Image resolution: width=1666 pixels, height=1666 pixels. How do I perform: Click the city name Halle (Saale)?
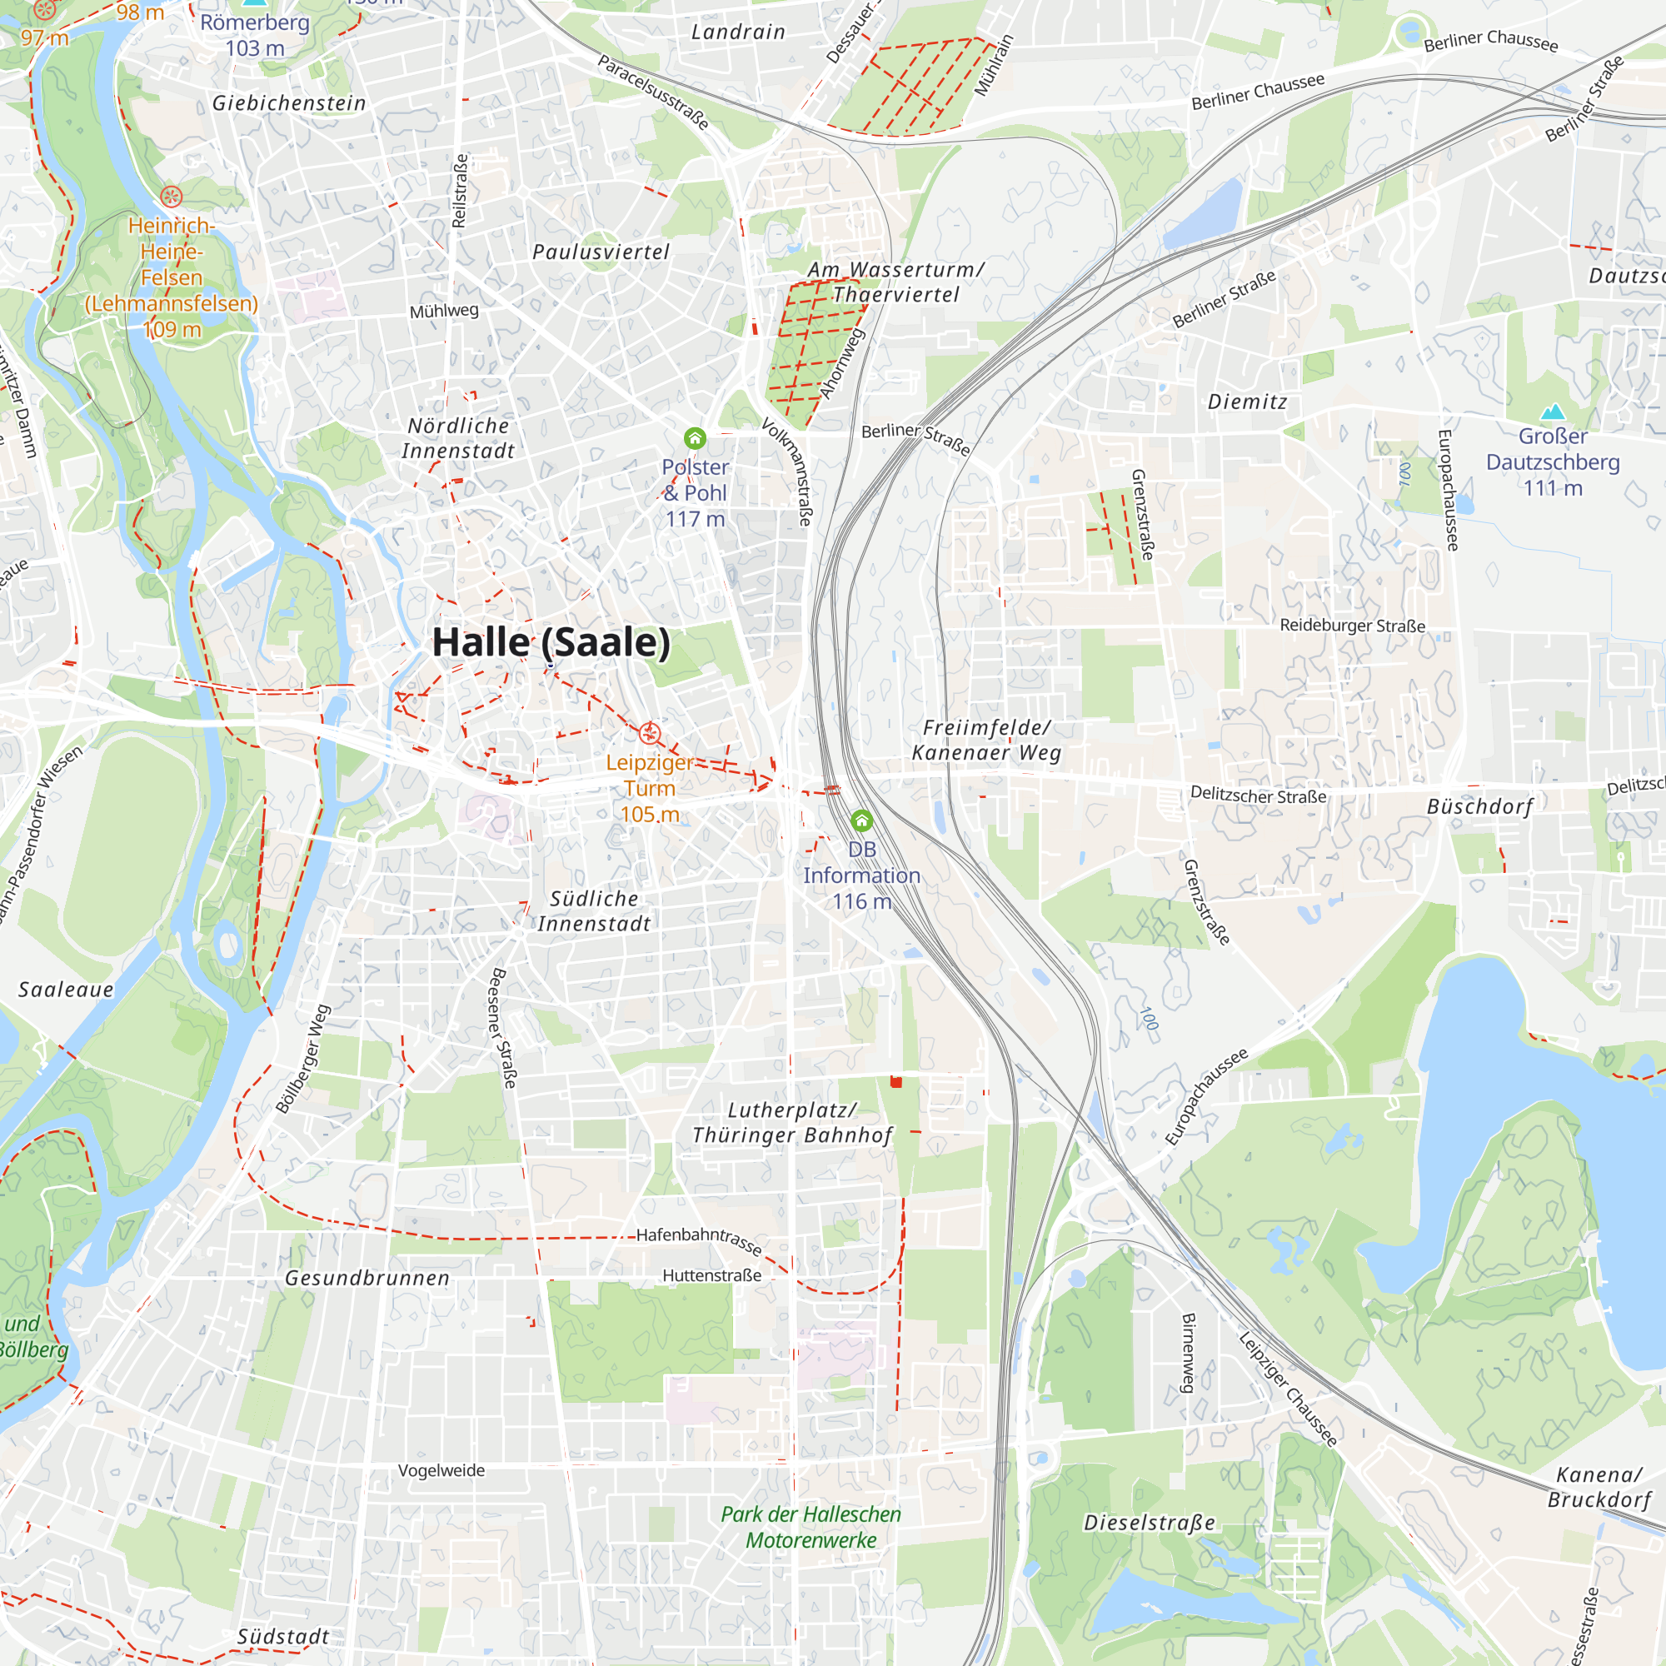(x=550, y=642)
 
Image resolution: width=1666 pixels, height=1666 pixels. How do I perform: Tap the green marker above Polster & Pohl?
(x=695, y=439)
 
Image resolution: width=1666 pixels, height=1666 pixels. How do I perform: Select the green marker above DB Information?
(x=860, y=820)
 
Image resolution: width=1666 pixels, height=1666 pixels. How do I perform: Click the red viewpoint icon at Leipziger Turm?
(x=651, y=734)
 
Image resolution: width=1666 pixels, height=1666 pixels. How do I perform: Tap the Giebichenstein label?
(x=289, y=103)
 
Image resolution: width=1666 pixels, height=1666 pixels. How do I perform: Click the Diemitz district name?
(x=1247, y=402)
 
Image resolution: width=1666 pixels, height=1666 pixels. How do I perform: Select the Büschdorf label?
(x=1479, y=807)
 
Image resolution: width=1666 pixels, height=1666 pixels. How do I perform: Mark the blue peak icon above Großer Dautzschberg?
(x=1552, y=412)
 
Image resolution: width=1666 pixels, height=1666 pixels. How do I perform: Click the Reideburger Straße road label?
(x=1352, y=626)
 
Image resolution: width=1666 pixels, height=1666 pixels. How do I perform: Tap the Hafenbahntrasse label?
(x=699, y=1240)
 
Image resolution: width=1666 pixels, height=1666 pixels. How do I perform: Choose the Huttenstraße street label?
(x=711, y=1275)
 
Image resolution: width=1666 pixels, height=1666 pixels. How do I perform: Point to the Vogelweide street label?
(x=441, y=1470)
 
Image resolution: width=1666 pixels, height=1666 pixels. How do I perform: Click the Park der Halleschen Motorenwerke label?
(x=811, y=1527)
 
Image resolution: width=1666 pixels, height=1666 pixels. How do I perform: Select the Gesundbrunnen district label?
(x=367, y=1278)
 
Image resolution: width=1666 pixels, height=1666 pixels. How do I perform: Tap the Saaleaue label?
(x=67, y=990)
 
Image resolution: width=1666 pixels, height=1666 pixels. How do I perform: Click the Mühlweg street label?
(x=443, y=312)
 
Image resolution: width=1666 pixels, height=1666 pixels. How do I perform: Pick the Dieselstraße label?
(x=1150, y=1523)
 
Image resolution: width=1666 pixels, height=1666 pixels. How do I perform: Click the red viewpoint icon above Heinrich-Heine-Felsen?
(x=172, y=197)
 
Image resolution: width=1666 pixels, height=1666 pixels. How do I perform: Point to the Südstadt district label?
(x=283, y=1637)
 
